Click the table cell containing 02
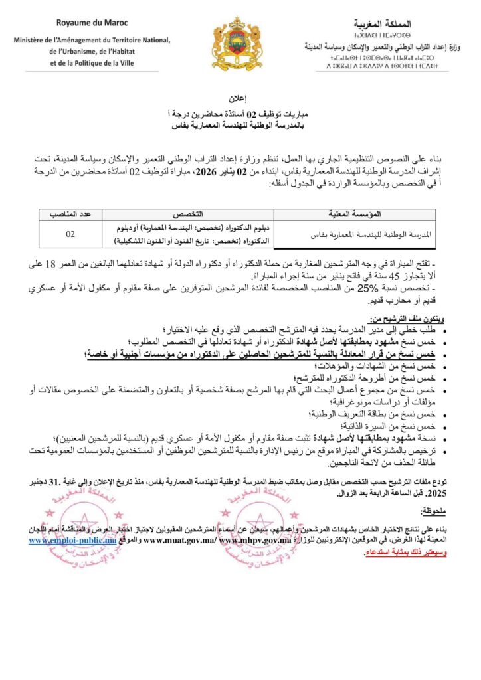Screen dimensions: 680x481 70,234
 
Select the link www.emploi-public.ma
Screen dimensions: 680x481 72,541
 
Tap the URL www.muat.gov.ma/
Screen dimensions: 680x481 181,541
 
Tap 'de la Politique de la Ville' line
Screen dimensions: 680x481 90,64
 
